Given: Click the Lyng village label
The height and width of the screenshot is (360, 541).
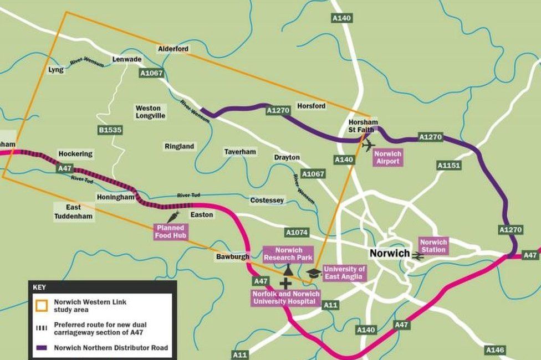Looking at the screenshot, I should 56,70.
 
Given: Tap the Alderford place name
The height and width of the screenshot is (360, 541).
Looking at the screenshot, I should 173,49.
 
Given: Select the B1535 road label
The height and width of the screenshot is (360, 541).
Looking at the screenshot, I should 110,130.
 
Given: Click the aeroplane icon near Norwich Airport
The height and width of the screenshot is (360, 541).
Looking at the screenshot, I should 368,145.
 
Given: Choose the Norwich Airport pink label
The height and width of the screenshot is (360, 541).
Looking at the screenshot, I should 387,157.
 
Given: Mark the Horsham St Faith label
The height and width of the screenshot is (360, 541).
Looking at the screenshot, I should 363,126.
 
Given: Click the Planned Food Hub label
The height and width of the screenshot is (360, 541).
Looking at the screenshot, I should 170,232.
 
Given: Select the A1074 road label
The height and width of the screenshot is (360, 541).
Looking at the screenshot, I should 297,233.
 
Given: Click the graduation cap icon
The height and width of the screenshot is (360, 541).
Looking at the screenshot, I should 313,272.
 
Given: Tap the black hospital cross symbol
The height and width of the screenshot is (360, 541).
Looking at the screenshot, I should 285,284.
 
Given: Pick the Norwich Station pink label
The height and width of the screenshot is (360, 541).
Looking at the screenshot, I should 433,246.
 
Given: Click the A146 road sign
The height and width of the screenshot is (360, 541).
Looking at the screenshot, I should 494,350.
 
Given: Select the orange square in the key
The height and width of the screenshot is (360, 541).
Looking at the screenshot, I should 42,306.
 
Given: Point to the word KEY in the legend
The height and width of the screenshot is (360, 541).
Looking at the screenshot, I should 39,287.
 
